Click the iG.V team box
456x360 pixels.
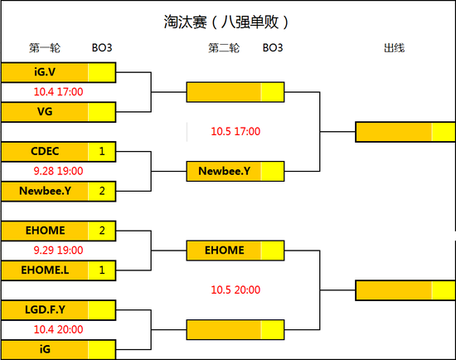coord(45,71)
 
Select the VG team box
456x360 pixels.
coord(45,111)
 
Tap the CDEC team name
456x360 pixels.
coord(45,151)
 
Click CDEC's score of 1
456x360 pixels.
coord(102,151)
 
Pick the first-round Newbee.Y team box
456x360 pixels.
coord(45,191)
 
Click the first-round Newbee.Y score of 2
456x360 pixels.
coord(102,191)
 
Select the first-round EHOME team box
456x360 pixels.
coord(45,230)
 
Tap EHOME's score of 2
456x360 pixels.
coord(102,230)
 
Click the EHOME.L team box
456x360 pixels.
coord(45,270)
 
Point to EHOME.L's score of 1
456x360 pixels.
coord(102,270)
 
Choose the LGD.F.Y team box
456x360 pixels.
coord(45,309)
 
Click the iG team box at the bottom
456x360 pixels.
coord(45,349)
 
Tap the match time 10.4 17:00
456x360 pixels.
coord(58,91)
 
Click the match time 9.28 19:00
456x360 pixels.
coord(58,171)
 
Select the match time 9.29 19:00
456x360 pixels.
coord(58,250)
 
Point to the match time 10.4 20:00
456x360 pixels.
coord(58,329)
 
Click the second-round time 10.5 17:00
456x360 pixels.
coord(235,131)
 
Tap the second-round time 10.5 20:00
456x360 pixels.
coord(235,290)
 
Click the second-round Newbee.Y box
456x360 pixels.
coord(225,171)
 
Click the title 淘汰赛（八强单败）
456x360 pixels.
coord(227,22)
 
